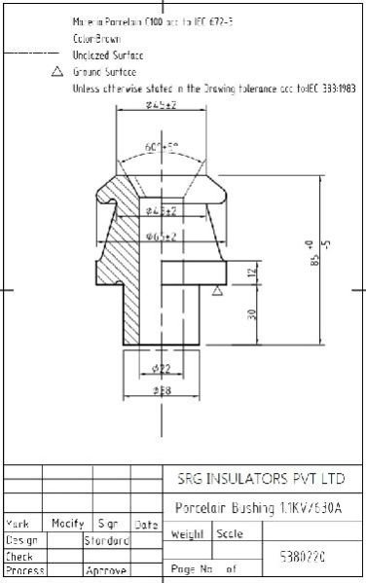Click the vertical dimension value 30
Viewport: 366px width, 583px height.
[252, 313]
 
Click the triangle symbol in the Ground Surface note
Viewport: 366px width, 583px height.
[56, 72]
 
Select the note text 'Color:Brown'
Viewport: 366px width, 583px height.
[98, 39]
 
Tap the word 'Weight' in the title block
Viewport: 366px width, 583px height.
[187, 534]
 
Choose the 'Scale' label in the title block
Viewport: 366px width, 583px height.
[230, 534]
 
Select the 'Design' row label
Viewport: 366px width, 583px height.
[21, 538]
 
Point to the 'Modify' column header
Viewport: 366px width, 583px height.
[67, 524]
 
